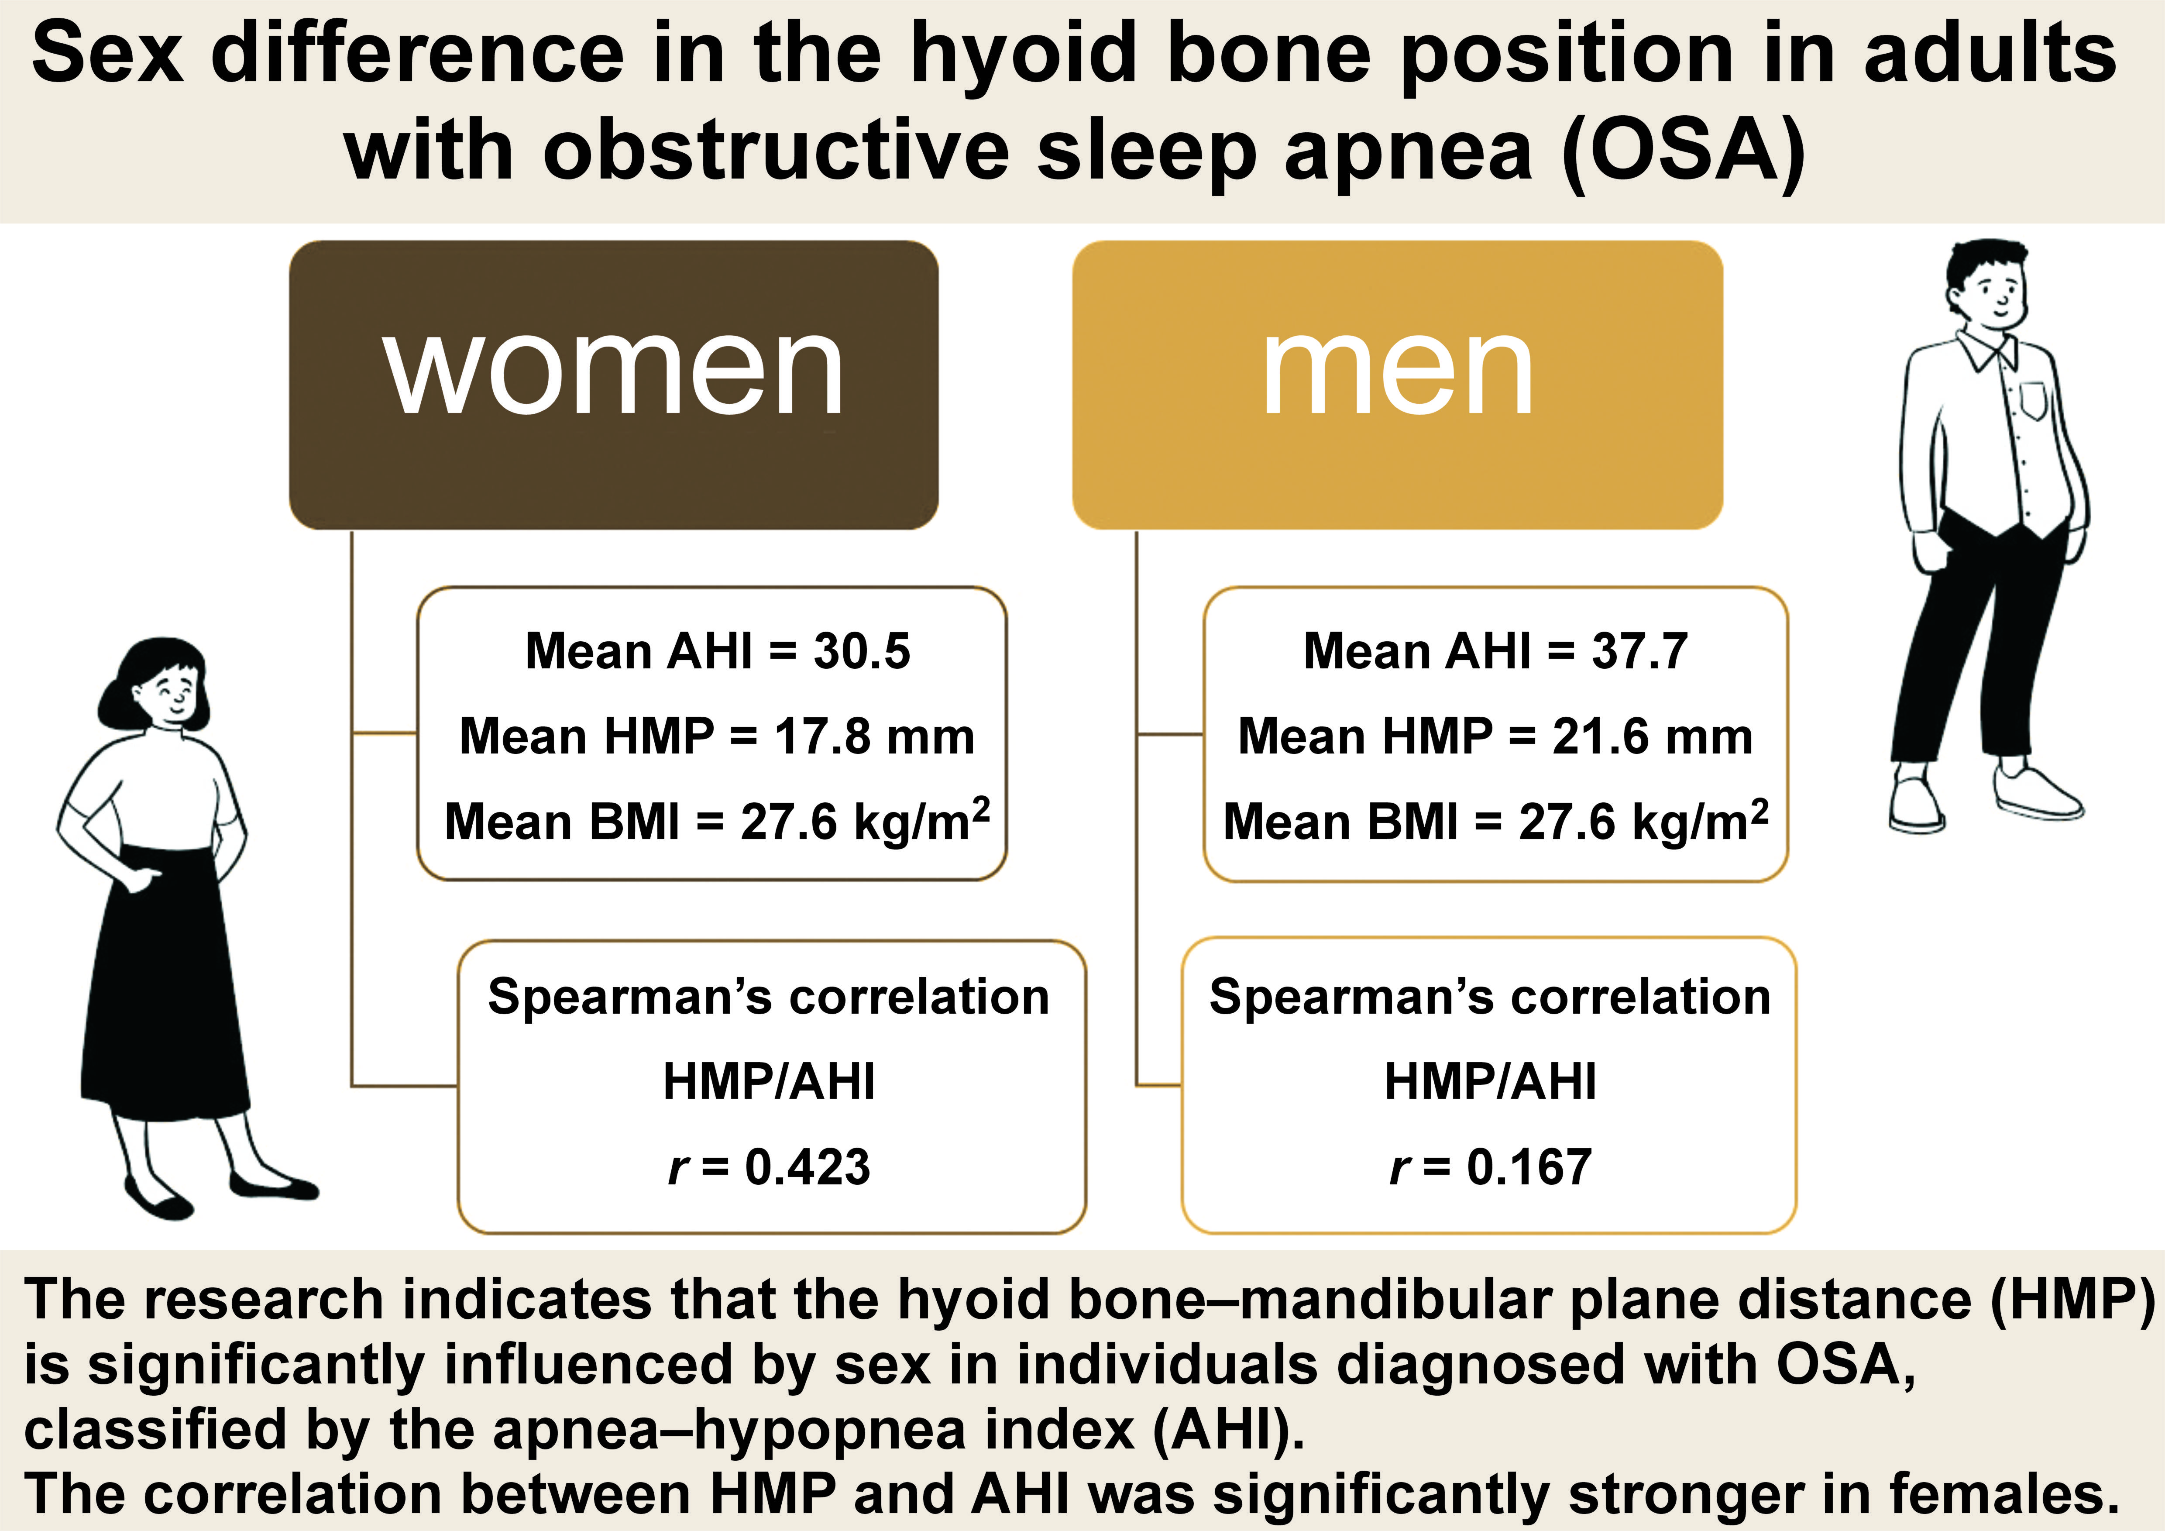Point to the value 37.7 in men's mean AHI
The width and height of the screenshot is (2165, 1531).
[x=1640, y=652]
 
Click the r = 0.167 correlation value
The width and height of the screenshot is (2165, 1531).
[x=1491, y=1167]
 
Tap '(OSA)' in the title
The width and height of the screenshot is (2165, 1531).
[x=1683, y=151]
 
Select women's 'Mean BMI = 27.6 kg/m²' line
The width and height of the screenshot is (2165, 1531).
[x=717, y=821]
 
